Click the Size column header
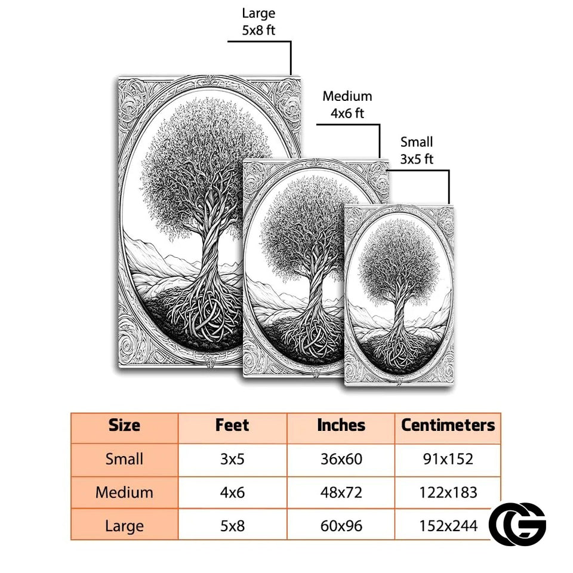click(124, 426)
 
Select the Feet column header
click(232, 426)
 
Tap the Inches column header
click(341, 426)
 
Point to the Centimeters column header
click(448, 426)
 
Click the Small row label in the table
click(124, 459)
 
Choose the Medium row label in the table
click(124, 492)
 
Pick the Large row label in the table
click(124, 526)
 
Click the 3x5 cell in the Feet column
click(232, 459)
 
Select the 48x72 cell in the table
click(341, 492)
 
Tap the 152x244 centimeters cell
click(448, 526)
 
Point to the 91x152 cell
click(448, 459)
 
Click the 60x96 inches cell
click(341, 526)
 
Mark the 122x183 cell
click(448, 492)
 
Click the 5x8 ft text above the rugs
click(258, 30)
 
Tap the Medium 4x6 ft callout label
click(347, 104)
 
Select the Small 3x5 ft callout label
click(417, 150)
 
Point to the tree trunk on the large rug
click(210, 248)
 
